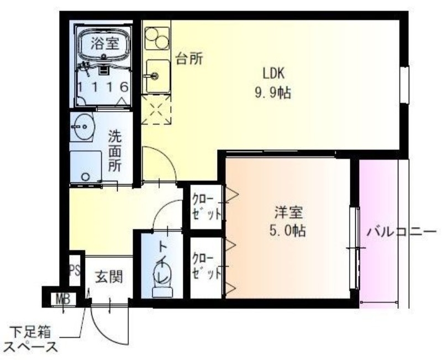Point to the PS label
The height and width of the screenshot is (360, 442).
pyautogui.click(x=75, y=271)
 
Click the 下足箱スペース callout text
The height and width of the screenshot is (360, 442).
pyautogui.click(x=34, y=340)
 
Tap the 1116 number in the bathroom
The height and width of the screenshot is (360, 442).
pyautogui.click(x=104, y=87)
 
